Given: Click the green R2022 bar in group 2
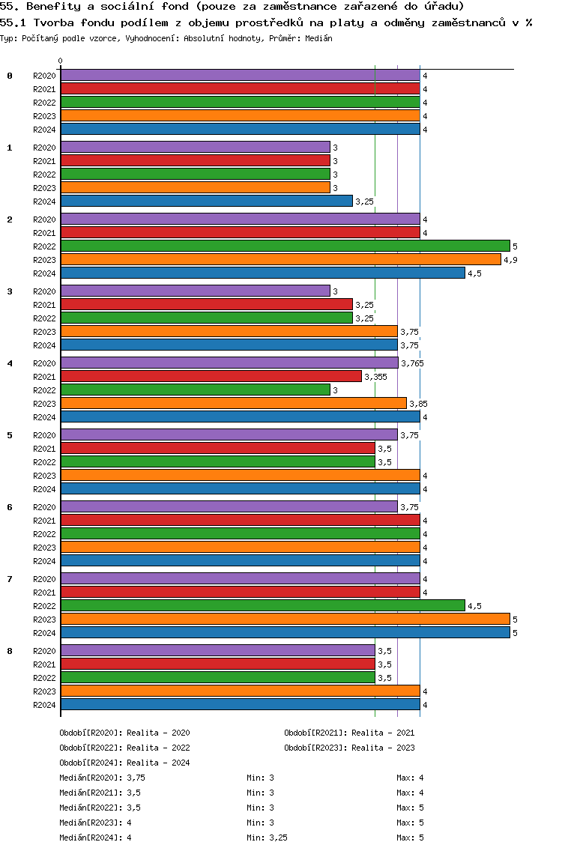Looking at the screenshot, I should coord(285,246).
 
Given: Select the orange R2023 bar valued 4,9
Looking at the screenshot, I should coord(280,260).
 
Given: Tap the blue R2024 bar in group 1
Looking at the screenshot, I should coord(206,202).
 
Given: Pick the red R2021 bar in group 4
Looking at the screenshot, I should coord(211,377).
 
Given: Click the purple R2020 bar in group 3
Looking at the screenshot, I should coord(195,291).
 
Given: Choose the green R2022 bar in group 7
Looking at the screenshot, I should coord(262,606).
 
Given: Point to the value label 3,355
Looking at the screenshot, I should coord(375,377).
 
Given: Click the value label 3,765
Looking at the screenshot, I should coord(413,363).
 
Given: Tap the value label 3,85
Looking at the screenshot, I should coord(418,404).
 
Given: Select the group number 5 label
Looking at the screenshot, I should coord(10,435).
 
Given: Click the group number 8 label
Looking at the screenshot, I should coord(10,651).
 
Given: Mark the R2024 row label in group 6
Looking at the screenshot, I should coord(44,561).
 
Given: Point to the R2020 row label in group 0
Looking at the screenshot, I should coord(44,76).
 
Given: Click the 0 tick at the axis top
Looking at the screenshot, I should coord(61,61).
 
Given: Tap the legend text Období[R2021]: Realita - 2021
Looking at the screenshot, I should coord(349,733).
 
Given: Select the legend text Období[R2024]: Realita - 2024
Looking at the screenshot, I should coord(124,763).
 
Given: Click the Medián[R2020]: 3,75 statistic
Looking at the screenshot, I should coord(102,778).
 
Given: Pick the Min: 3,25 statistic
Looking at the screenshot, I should coord(267,838).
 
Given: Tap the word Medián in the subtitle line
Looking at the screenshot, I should coord(318,37).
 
